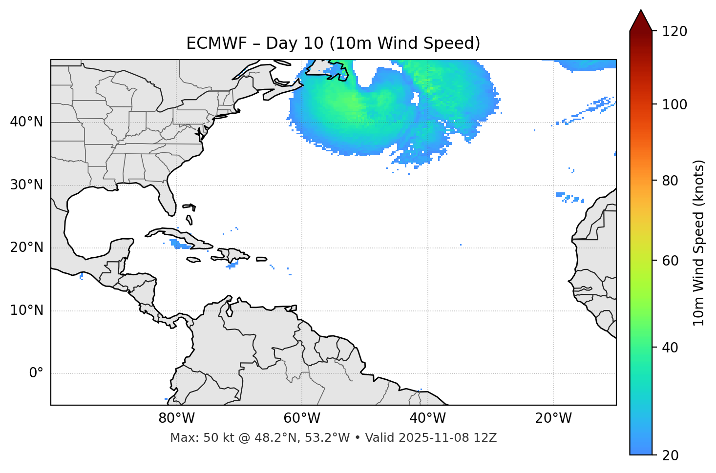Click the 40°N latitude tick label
tap(26, 122)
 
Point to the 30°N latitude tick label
tap(26, 185)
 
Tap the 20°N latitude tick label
tap(26, 247)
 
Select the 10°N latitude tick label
tap(26, 310)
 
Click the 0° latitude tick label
tap(36, 373)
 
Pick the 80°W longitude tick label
tap(176, 418)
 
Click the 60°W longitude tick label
tap(302, 418)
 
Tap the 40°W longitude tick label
tap(427, 418)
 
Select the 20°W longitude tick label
tap(553, 418)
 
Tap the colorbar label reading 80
tap(670, 181)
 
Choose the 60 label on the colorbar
tap(670, 261)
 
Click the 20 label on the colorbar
tap(670, 455)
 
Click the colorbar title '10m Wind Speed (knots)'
tap(699, 243)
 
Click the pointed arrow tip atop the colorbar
tap(641, 12)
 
